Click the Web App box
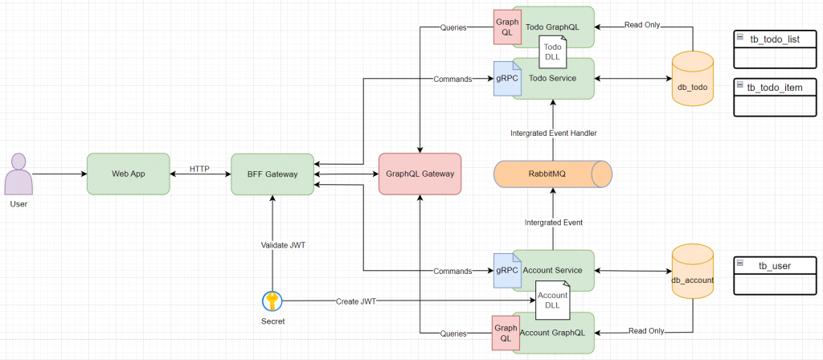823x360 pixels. click(129, 174)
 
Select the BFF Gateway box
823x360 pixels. click(272, 174)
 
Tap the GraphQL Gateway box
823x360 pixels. click(420, 174)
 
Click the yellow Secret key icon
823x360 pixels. click(272, 301)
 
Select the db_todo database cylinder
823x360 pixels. click(692, 77)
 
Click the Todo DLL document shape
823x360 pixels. click(554, 51)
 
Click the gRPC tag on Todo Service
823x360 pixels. click(503, 79)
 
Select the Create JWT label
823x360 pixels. click(357, 301)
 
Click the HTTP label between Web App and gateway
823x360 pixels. click(199, 169)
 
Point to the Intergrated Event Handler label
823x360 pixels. click(553, 133)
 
